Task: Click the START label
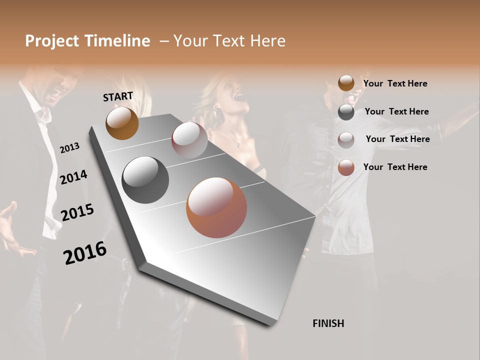[118, 96]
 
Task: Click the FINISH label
[328, 323]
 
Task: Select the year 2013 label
[69, 148]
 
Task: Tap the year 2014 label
[73, 177]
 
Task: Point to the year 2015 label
[77, 212]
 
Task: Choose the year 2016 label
[85, 252]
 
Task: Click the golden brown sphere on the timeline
[122, 123]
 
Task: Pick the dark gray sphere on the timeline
[145, 180]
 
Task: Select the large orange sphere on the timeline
[216, 207]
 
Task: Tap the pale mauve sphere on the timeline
[189, 139]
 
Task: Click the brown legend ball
[346, 83]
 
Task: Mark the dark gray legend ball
[346, 112]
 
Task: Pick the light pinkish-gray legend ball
[346, 140]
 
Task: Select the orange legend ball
[346, 167]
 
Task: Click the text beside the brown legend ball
[395, 83]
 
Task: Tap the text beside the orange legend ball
[395, 167]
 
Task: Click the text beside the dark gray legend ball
[396, 111]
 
